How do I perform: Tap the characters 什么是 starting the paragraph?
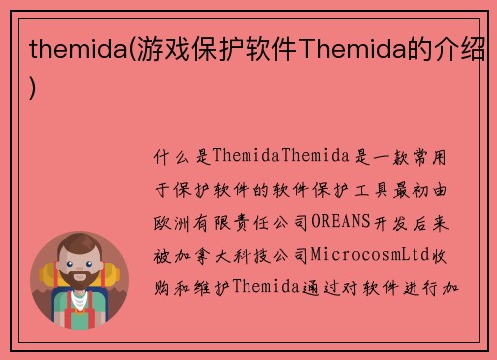coord(179,157)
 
